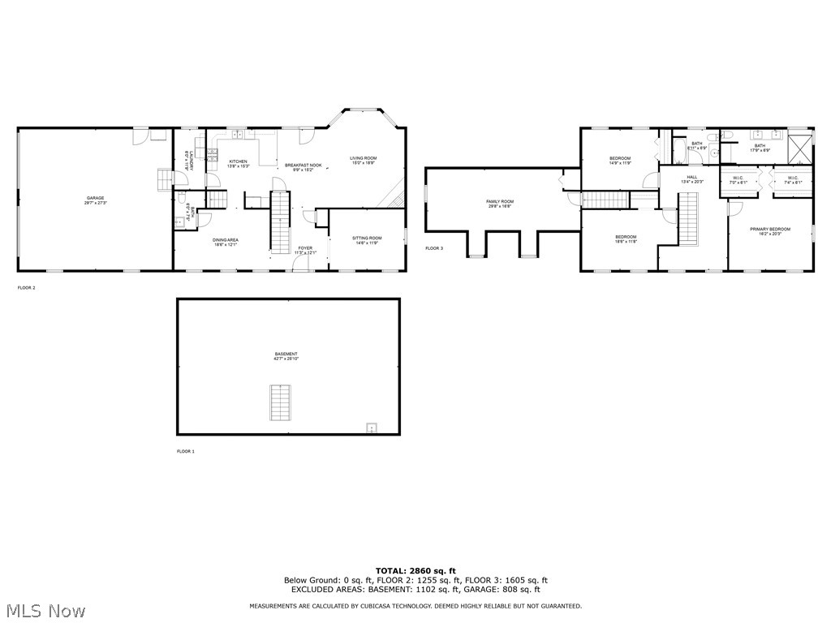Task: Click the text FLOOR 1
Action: coord(186,451)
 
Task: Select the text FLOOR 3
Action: coord(434,248)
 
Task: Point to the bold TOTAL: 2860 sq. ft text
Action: coord(415,571)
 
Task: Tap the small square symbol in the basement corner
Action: coord(372,427)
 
